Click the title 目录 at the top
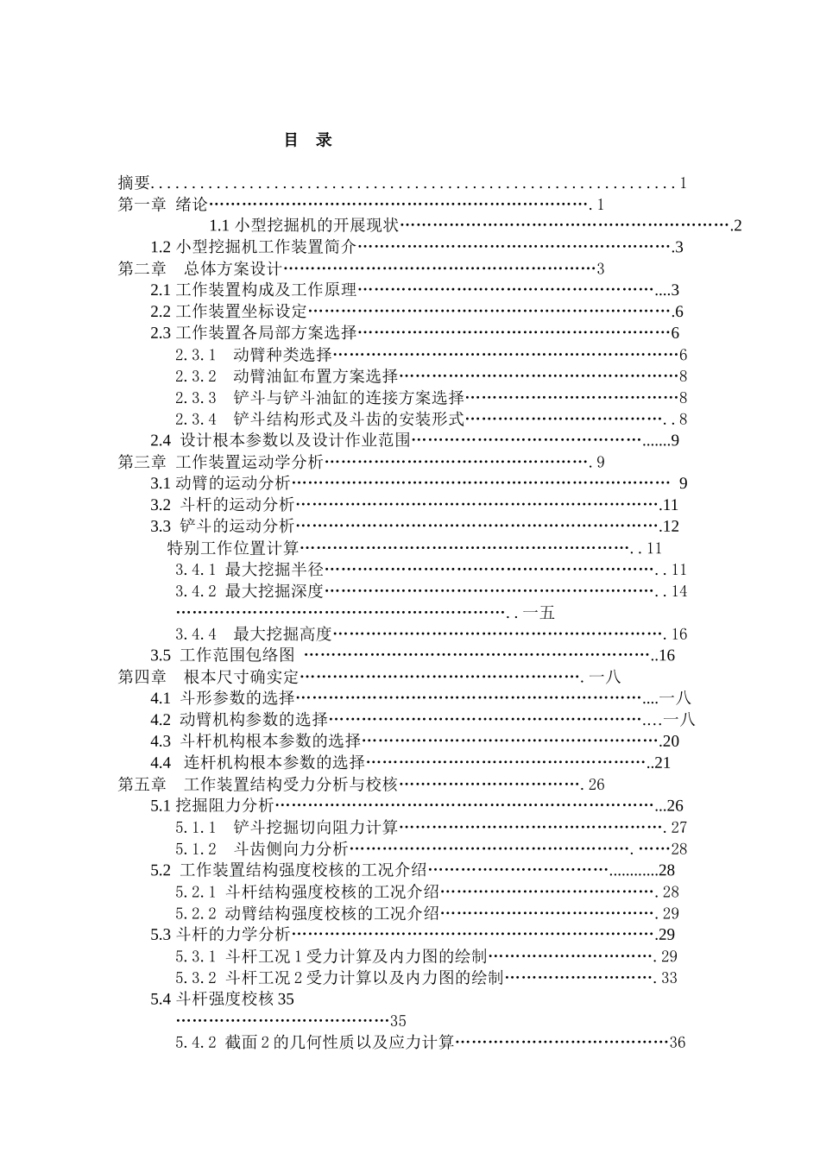pos(308,140)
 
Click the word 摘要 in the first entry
pos(135,183)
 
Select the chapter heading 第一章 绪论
pos(163,205)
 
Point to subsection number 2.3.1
pos(196,355)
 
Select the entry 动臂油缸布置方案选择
pos(315,376)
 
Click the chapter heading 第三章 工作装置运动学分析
pos(220,462)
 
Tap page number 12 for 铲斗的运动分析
pos(672,526)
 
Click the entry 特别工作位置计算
pos(232,548)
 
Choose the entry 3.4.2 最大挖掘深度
pos(249,591)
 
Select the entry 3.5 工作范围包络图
pos(223,655)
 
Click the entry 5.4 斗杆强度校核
pos(222,999)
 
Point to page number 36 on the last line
pos(677,1043)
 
